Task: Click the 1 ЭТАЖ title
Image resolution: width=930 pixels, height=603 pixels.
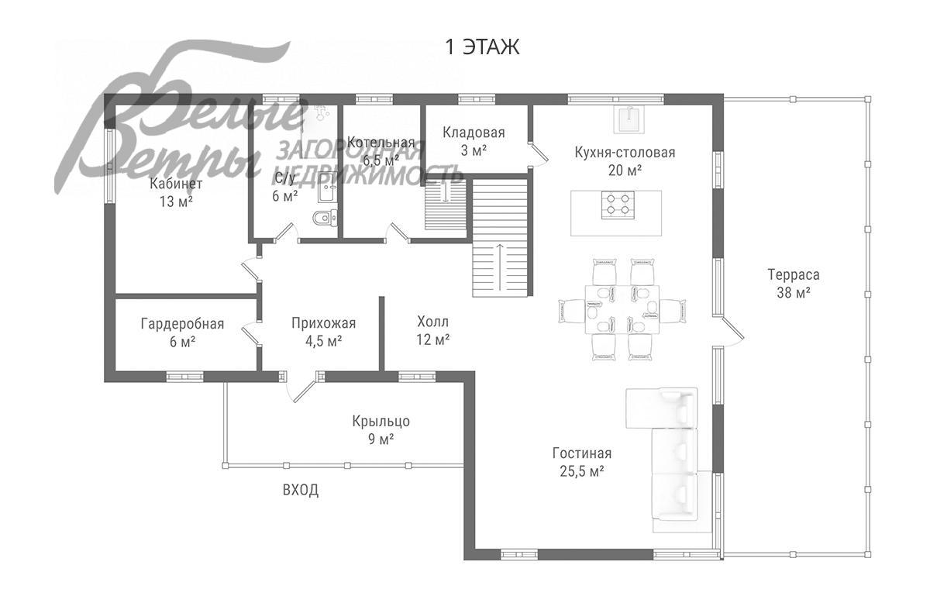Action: [482, 47]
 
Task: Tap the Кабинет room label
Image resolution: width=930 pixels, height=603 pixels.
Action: [176, 184]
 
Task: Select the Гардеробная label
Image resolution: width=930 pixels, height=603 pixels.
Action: [182, 323]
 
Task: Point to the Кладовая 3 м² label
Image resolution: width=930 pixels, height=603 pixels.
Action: [474, 141]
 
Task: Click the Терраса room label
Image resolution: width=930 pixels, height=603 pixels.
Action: [794, 275]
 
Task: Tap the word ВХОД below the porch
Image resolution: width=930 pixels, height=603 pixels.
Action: [301, 490]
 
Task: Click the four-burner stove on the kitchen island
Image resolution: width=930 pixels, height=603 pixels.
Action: [618, 205]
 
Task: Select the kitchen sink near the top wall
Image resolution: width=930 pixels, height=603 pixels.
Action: [630, 119]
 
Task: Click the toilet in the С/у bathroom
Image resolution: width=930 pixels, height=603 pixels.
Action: [325, 218]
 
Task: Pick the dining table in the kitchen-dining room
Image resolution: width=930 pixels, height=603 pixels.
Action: [622, 309]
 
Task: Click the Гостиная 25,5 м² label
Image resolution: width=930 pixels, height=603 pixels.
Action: [582, 462]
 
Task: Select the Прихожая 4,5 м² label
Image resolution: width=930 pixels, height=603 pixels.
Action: [323, 332]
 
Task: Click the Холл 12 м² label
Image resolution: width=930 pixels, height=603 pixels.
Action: [432, 331]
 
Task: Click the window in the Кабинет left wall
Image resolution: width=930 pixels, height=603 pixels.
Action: [109, 166]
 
